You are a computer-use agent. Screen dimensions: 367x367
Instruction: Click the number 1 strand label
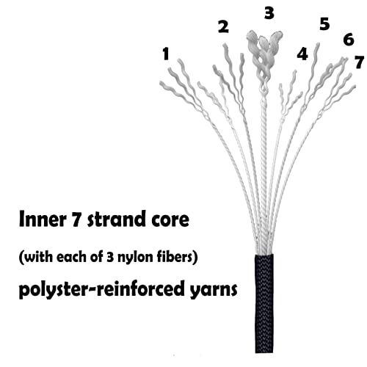[166, 54]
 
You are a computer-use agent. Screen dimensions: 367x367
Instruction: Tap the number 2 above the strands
[223, 26]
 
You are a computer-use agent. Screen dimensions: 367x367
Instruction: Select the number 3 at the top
[269, 13]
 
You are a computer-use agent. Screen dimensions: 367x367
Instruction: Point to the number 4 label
[302, 54]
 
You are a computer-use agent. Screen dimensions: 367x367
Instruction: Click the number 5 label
[324, 24]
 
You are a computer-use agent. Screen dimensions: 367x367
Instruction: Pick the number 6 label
[349, 40]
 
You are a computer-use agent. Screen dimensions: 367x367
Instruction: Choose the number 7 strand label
[359, 62]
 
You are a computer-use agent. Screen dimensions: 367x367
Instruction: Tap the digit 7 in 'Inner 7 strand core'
[76, 219]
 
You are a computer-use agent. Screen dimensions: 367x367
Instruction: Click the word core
[170, 220]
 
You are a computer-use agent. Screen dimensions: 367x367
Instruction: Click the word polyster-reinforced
[101, 289]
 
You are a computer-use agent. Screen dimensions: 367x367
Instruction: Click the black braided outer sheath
[264, 303]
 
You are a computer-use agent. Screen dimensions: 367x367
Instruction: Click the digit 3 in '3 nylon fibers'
[110, 258]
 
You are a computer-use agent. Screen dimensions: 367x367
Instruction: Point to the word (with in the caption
[36, 258]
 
